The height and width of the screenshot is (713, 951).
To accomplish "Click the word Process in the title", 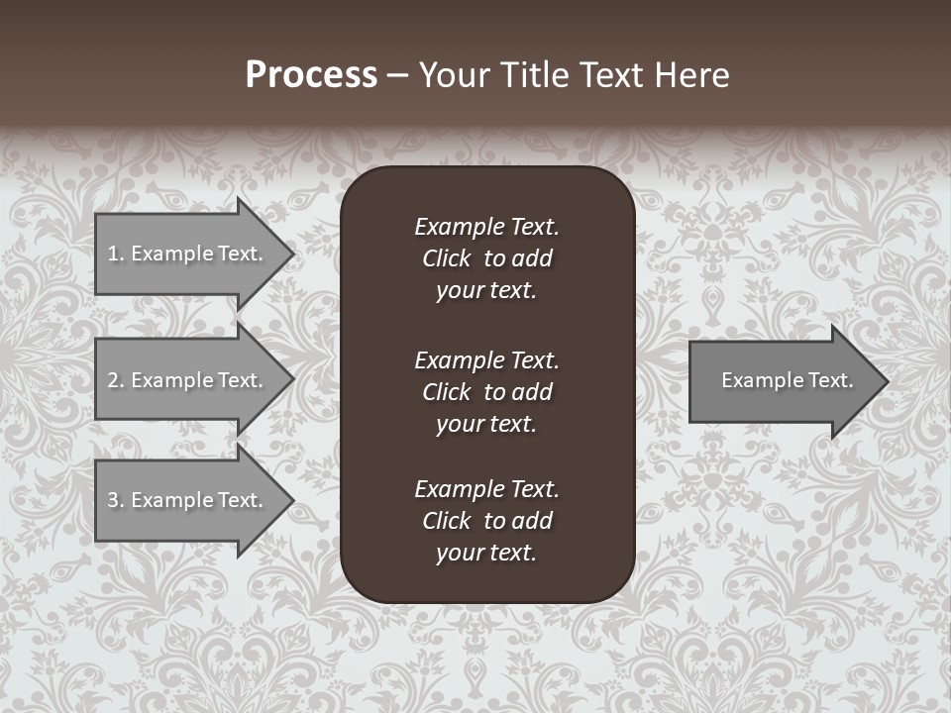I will (311, 75).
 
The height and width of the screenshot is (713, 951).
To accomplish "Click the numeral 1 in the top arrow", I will (113, 254).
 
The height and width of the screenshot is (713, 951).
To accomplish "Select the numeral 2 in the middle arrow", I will (113, 380).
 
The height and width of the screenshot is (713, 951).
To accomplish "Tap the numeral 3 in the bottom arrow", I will (113, 500).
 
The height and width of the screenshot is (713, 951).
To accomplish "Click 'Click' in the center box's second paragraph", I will (446, 392).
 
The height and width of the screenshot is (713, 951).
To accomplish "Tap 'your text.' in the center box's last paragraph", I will (486, 553).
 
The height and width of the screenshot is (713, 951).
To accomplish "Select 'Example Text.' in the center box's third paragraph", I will (486, 489).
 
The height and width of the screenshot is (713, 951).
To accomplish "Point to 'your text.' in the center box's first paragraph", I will (486, 290).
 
